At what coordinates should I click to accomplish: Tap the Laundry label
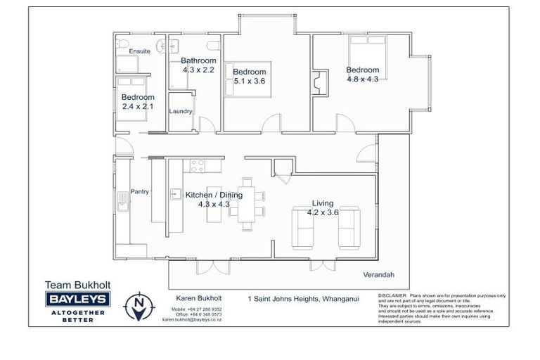(181, 111)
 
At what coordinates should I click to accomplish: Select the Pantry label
(139, 191)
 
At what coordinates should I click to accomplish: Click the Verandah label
(377, 274)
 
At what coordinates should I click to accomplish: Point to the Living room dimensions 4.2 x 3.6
(323, 213)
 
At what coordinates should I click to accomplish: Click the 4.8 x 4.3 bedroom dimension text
(362, 79)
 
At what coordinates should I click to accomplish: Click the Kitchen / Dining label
(214, 195)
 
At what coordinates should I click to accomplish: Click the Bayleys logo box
(77, 300)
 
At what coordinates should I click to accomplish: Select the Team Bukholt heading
(77, 285)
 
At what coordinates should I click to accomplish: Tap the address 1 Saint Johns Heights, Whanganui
(303, 298)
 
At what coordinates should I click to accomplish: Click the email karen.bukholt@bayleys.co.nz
(192, 319)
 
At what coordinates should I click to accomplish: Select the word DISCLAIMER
(392, 296)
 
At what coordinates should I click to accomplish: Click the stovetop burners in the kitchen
(196, 167)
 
